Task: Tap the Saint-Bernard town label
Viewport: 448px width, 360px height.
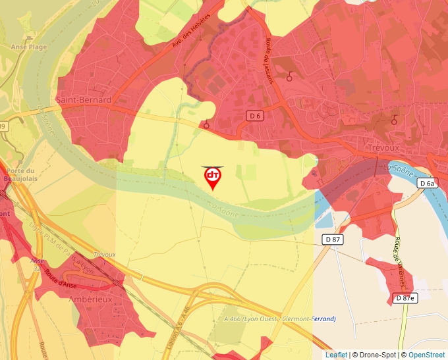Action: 84,100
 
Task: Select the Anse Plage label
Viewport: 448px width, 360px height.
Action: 29,47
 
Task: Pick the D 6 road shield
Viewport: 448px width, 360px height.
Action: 255,116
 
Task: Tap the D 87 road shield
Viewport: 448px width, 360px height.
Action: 332,239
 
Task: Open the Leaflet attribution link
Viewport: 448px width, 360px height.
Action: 336,355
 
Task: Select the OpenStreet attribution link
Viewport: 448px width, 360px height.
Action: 427,355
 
